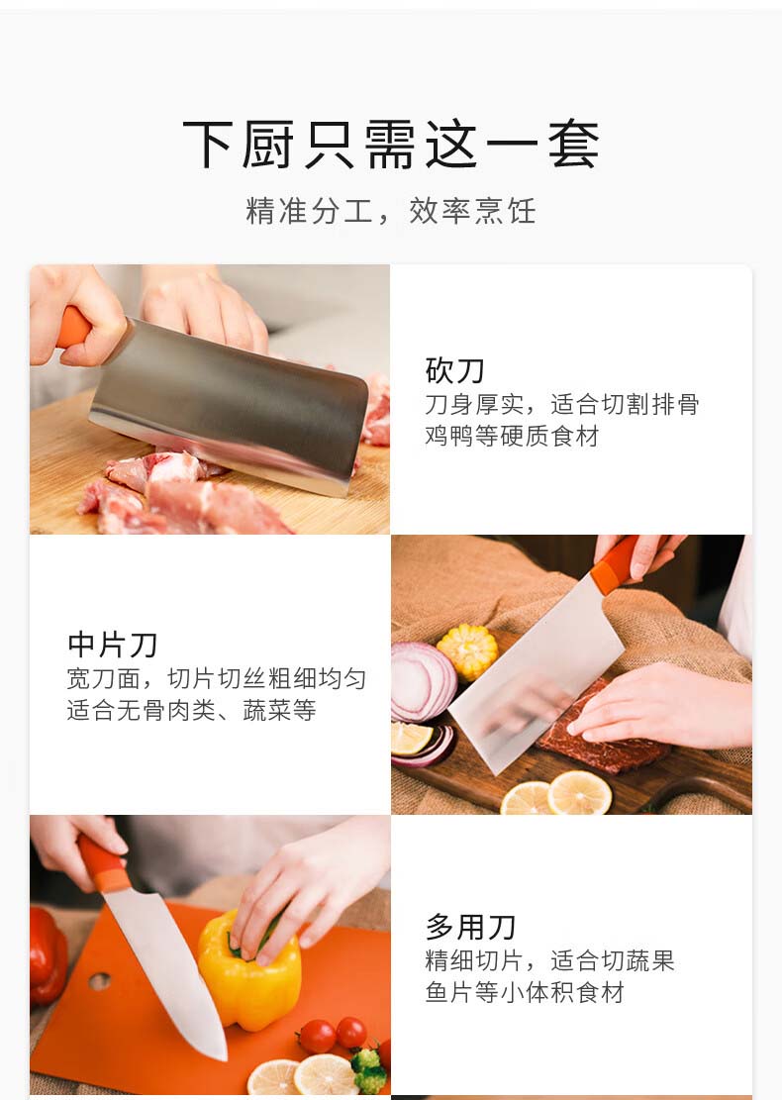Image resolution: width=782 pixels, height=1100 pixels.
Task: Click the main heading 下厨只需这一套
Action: [391, 145]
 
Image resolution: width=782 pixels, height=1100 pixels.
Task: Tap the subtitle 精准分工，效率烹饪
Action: [391, 211]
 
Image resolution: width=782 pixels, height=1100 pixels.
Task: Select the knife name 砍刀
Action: [454, 370]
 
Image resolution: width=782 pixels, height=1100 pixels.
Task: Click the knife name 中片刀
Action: [112, 644]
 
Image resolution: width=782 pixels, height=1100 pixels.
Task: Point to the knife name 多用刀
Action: [470, 927]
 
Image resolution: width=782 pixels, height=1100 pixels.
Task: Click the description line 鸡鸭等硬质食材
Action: [512, 436]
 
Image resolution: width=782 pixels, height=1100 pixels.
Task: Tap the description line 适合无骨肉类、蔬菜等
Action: [191, 710]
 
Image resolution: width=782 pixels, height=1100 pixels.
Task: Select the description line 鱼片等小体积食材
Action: [525, 992]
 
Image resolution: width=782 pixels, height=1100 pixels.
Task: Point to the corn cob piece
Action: [468, 651]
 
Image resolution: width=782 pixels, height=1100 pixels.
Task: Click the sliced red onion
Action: [423, 682]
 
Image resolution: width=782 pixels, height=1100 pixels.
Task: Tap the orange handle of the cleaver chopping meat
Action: [73, 328]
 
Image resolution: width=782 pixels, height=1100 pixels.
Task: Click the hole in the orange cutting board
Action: [99, 981]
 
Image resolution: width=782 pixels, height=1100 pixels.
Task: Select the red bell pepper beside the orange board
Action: [48, 954]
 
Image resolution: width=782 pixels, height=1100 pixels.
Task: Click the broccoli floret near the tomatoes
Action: [368, 1070]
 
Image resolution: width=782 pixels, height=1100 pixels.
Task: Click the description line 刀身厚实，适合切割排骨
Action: [562, 403]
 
